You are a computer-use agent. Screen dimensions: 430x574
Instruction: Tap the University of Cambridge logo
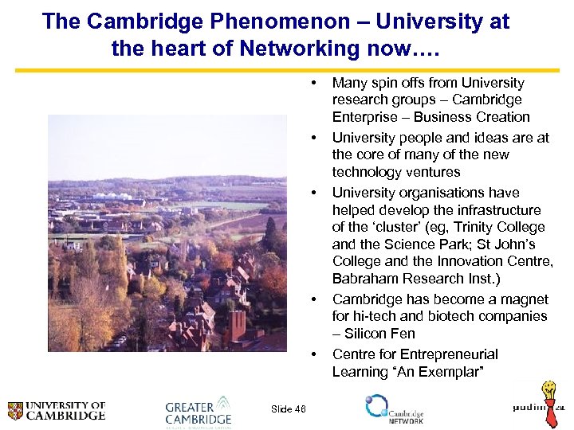(x=57, y=411)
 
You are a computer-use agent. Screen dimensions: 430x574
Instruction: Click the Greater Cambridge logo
(x=198, y=411)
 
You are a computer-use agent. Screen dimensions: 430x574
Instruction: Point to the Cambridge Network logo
(x=394, y=409)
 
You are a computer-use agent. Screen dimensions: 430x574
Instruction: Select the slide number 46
(x=289, y=409)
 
